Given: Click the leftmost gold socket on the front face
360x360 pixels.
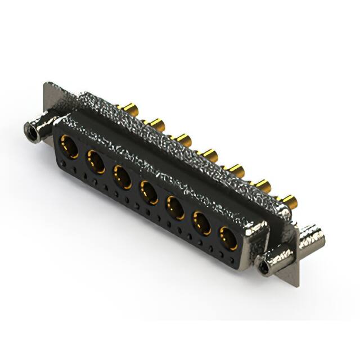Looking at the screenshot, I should click(68, 147).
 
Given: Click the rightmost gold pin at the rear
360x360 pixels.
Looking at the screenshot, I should click(289, 200).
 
